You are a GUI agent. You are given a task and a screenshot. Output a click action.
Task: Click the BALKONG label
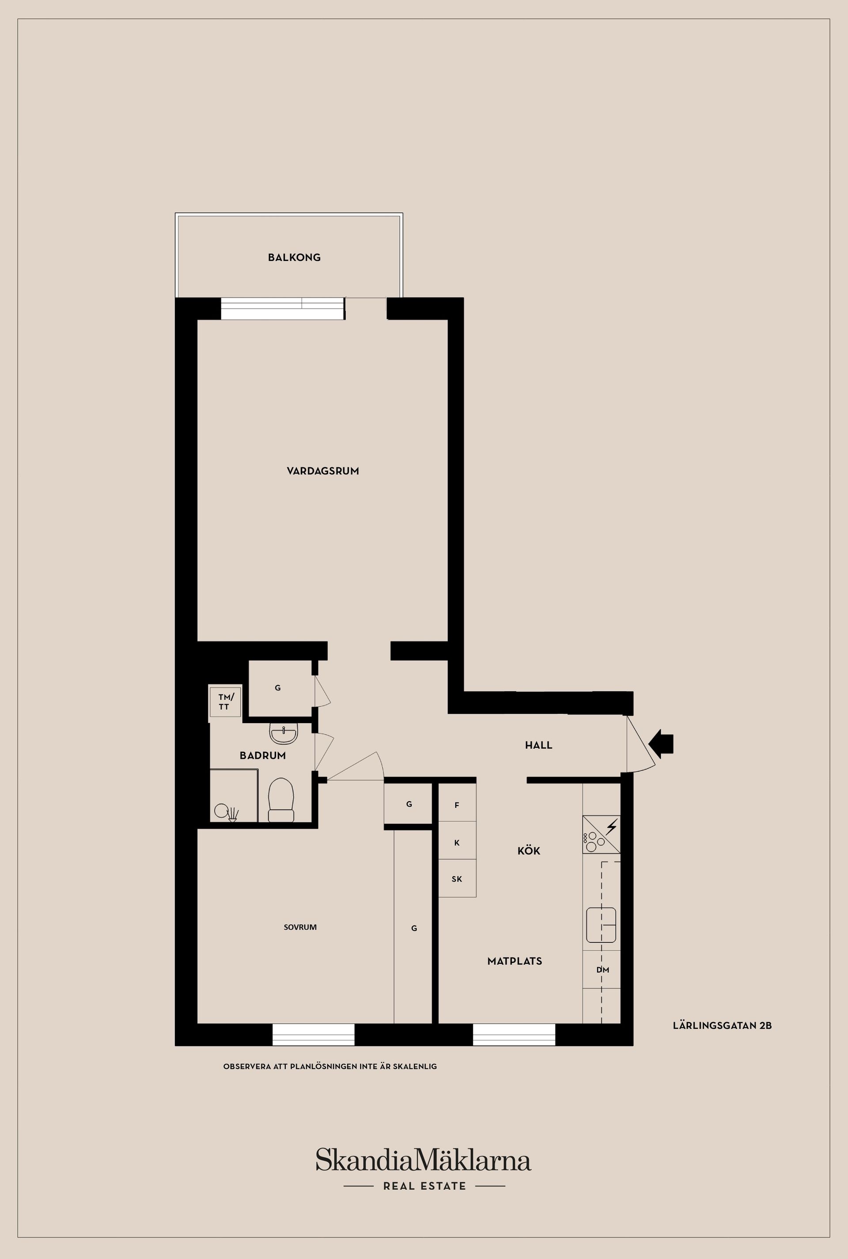click(x=294, y=257)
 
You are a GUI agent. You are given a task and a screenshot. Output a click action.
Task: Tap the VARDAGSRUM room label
click(x=323, y=471)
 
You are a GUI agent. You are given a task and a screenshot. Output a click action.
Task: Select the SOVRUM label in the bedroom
click(x=300, y=927)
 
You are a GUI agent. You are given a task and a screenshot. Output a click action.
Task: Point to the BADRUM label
click(x=263, y=756)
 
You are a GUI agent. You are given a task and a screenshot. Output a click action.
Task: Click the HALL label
click(x=539, y=745)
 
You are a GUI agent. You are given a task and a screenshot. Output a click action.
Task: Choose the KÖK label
click(x=529, y=851)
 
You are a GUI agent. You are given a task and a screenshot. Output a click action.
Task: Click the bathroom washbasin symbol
click(x=284, y=734)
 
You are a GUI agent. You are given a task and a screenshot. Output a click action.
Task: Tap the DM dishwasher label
click(x=602, y=970)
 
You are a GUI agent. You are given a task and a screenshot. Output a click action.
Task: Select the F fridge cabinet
click(x=457, y=805)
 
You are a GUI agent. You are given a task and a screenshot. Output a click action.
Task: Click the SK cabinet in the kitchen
click(x=457, y=879)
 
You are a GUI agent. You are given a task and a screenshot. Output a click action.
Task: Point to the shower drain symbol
click(x=233, y=814)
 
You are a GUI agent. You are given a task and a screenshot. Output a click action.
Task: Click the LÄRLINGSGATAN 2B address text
click(x=722, y=1025)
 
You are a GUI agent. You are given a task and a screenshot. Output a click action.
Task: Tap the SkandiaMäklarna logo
click(x=424, y=1161)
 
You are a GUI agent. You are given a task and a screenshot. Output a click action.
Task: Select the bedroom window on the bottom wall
click(x=313, y=1035)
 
